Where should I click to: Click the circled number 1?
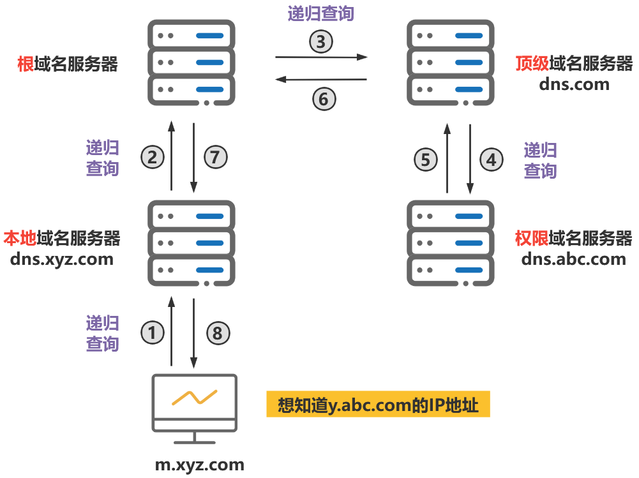point(152,332)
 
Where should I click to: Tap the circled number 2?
point(152,156)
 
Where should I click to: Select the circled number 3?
point(321,42)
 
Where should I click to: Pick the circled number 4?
point(491,160)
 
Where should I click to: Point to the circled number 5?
point(426,160)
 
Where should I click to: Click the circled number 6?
point(323,99)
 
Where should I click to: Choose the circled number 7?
point(215,156)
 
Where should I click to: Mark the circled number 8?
point(217,332)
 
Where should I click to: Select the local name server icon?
point(192,243)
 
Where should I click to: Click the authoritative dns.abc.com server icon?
point(451,243)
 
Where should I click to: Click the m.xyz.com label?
point(200,465)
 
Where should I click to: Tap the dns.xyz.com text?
point(62,259)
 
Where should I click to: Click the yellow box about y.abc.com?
point(378,405)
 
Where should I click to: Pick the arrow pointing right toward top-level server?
point(321,57)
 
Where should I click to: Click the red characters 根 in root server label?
point(26,64)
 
